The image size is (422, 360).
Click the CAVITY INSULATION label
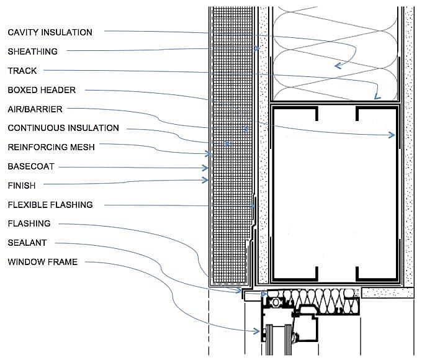[x=50, y=32]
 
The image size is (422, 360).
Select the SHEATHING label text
[x=32, y=52]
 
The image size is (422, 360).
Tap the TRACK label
[x=22, y=71]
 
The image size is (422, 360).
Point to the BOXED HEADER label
[x=42, y=90]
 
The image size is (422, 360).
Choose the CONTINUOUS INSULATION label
[x=63, y=128]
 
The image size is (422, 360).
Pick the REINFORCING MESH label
[x=51, y=147]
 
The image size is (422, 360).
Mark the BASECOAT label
[x=31, y=166]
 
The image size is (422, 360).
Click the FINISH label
[x=22, y=185]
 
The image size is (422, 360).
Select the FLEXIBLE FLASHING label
[x=50, y=204]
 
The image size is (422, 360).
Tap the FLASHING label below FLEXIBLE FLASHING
[x=29, y=223]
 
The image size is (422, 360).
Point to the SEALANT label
[x=27, y=243]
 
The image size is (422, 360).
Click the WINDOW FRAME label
[x=43, y=262]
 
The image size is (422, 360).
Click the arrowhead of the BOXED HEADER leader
[x=393, y=134]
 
